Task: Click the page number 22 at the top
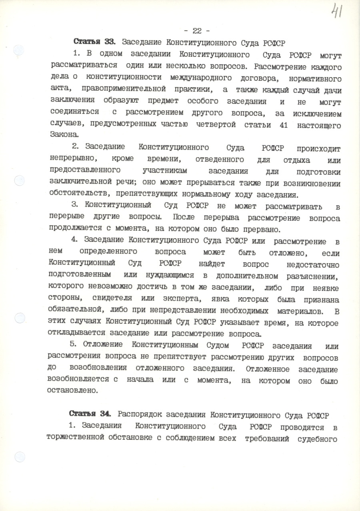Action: [x=196, y=31]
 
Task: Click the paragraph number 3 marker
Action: [x=74, y=206]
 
